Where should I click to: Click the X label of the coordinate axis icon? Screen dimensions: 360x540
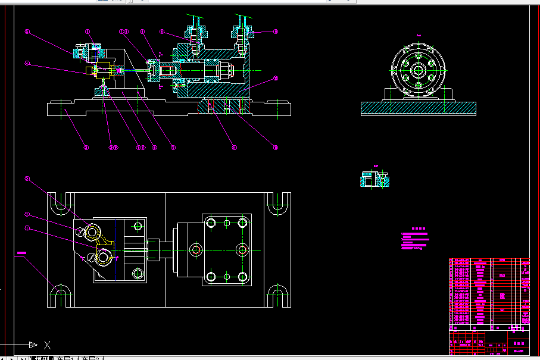tap(48, 345)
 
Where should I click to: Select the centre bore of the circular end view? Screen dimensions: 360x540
tap(418, 70)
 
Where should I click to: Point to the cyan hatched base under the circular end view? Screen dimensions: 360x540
tap(418, 108)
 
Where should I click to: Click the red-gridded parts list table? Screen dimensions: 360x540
tap(488, 292)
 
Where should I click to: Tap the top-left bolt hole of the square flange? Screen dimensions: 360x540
tap(210, 223)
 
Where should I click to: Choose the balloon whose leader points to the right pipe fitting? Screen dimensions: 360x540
tap(276, 32)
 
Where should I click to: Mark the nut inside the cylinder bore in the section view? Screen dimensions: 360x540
tap(226, 70)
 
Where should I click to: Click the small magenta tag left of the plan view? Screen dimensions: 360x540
tap(22, 253)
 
